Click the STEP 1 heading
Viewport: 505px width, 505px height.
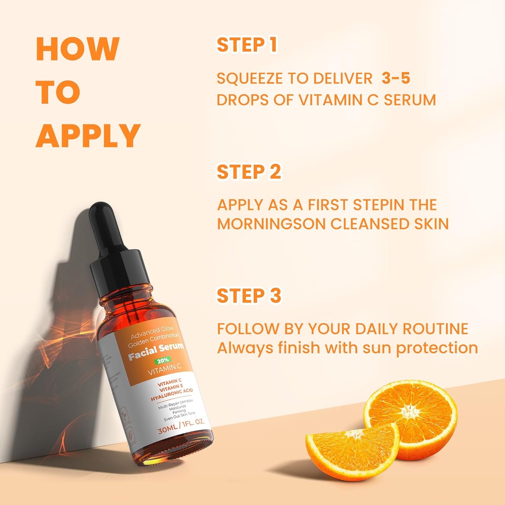247,45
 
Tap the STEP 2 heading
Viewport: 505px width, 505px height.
249,172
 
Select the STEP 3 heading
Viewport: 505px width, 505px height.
249,296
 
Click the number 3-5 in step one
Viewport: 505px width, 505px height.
396,78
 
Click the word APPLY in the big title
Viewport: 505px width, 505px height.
88,136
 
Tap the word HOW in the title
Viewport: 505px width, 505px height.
78,49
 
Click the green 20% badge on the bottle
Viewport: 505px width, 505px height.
163,360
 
